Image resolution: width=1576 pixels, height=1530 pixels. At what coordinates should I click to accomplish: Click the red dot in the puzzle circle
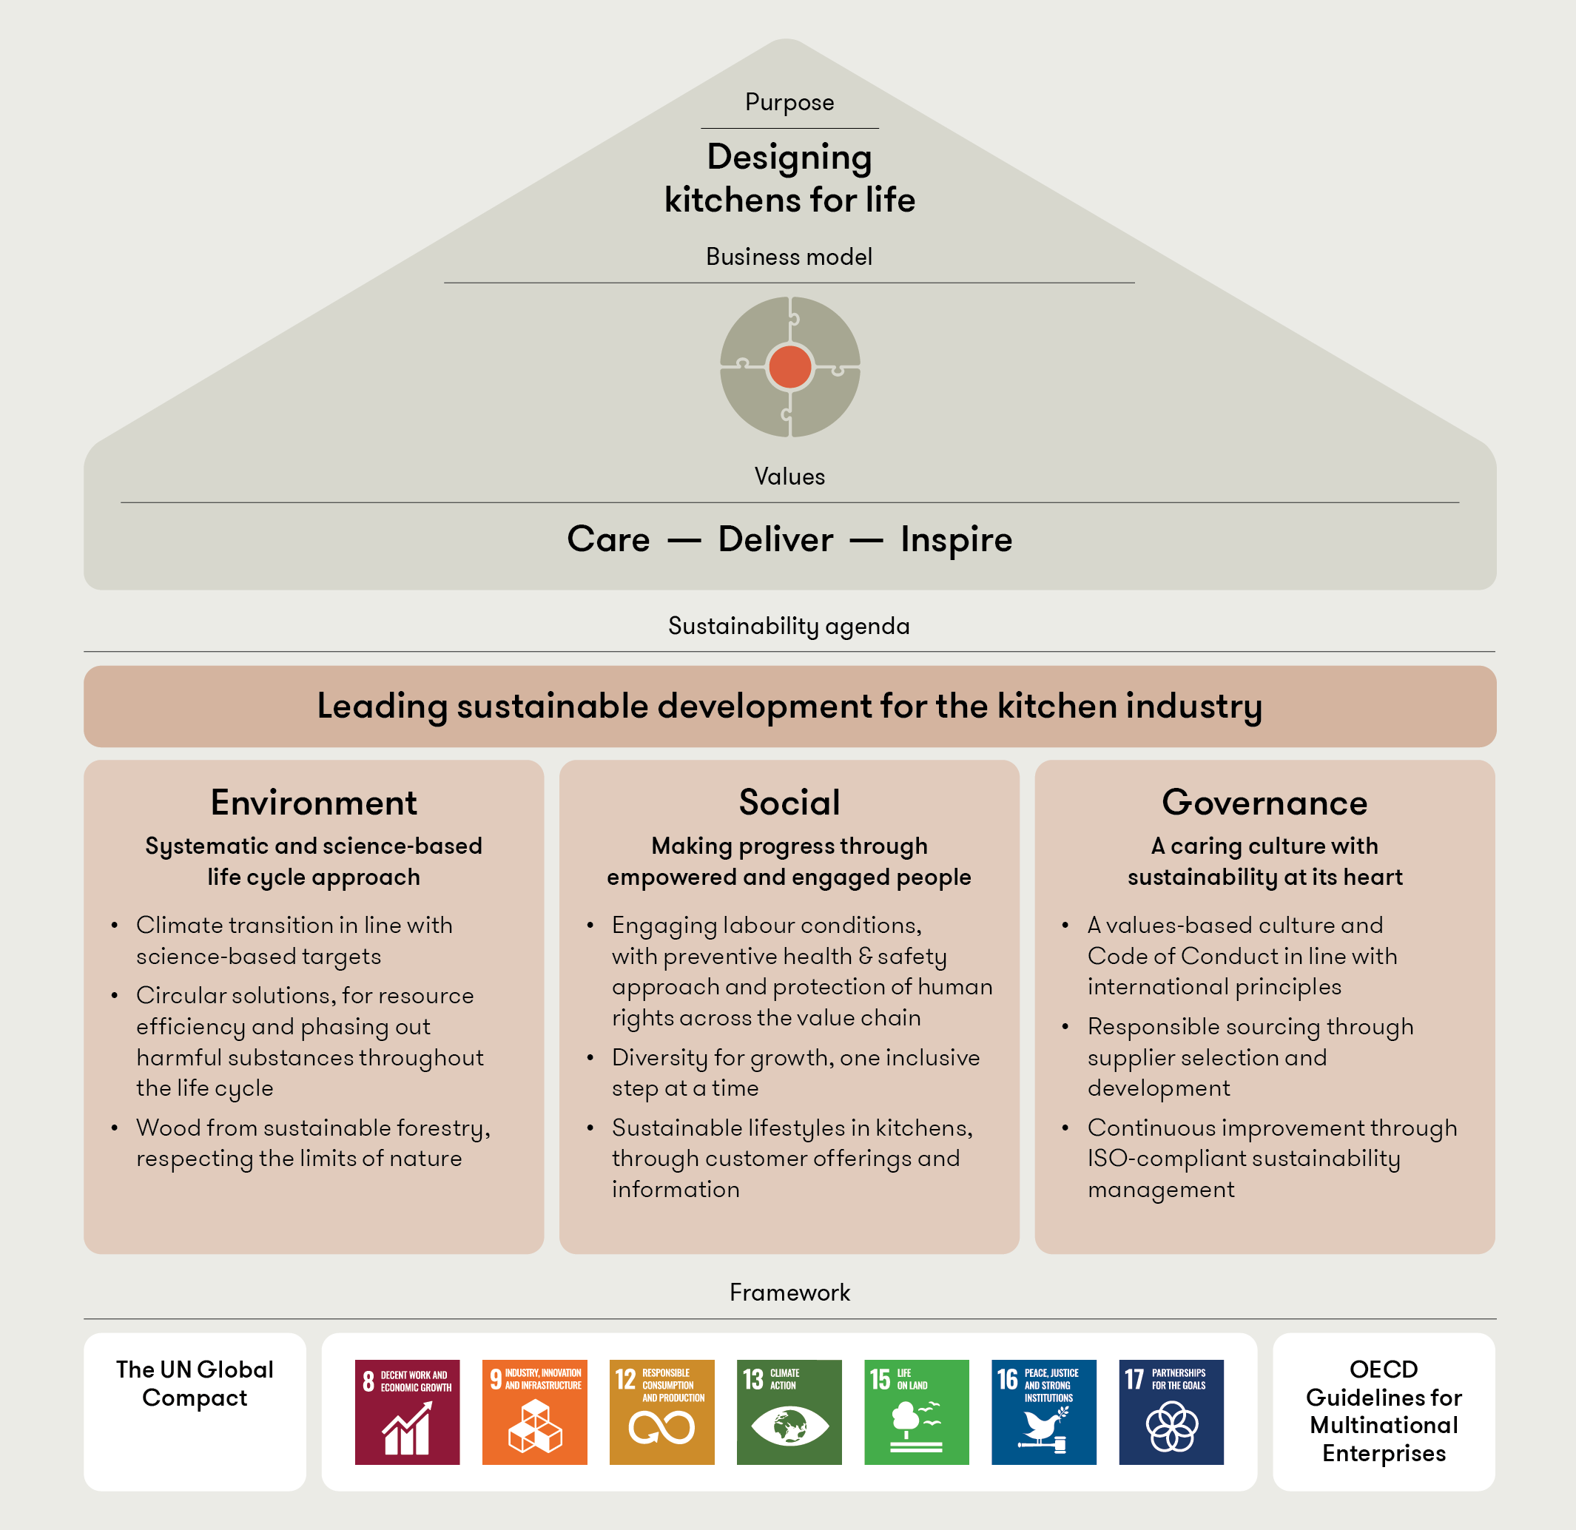click(789, 367)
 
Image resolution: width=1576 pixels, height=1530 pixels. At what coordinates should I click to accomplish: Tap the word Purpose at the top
click(789, 102)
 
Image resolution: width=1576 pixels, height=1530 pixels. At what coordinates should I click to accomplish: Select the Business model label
click(789, 257)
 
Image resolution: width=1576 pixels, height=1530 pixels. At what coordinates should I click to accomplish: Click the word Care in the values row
click(608, 539)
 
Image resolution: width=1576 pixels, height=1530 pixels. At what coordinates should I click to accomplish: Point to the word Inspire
click(956, 539)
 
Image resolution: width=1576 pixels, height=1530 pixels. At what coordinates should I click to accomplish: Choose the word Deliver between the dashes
click(775, 539)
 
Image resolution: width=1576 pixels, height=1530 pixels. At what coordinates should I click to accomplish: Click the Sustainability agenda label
click(789, 625)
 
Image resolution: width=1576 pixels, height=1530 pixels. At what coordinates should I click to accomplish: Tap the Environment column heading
click(314, 803)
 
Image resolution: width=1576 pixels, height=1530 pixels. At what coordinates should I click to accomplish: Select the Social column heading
click(789, 803)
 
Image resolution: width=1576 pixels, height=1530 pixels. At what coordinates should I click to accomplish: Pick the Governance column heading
click(1264, 803)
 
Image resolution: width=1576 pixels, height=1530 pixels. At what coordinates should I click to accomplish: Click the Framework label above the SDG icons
click(789, 1292)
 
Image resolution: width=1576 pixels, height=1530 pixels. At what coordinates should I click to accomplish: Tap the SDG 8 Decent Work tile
click(407, 1412)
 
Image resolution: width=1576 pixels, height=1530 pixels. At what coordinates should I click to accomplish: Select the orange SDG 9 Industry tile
click(535, 1412)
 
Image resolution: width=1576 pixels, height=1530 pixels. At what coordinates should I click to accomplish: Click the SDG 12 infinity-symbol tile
click(661, 1412)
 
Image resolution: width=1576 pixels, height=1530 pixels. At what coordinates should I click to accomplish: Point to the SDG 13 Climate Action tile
click(789, 1412)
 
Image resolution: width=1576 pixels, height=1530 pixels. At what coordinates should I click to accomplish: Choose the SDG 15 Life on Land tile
click(916, 1412)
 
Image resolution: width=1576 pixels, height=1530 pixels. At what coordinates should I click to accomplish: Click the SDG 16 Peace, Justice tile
click(1044, 1412)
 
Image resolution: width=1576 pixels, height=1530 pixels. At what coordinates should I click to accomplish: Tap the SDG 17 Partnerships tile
click(1171, 1412)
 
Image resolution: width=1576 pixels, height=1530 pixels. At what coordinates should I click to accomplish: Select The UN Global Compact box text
click(195, 1383)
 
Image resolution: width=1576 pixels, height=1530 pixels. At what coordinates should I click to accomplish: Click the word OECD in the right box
click(1383, 1369)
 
